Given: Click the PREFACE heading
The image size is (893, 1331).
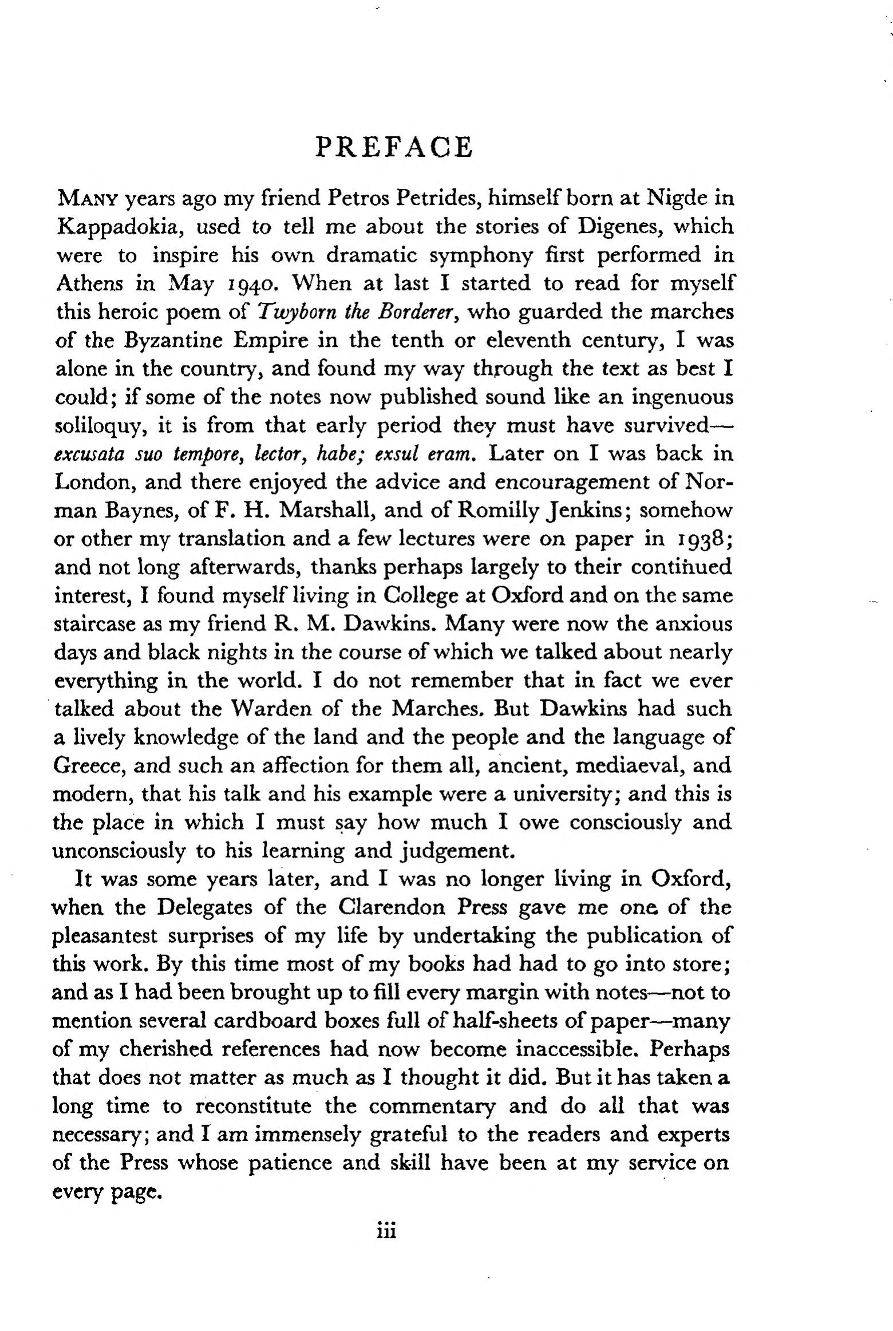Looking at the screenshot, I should pos(394,147).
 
